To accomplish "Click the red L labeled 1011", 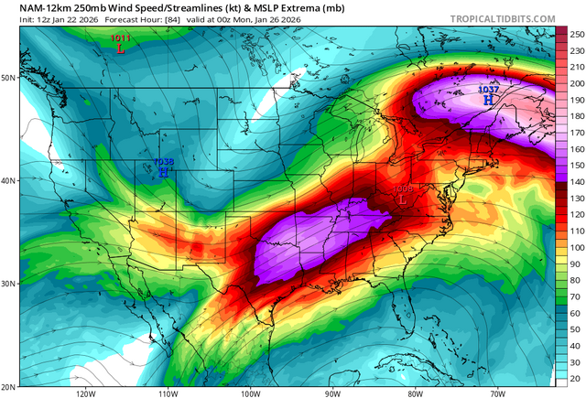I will (x=121, y=48).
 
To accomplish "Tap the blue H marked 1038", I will (x=163, y=171).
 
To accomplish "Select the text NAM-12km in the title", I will (x=28, y=7).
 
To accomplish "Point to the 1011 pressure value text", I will (x=120, y=38).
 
